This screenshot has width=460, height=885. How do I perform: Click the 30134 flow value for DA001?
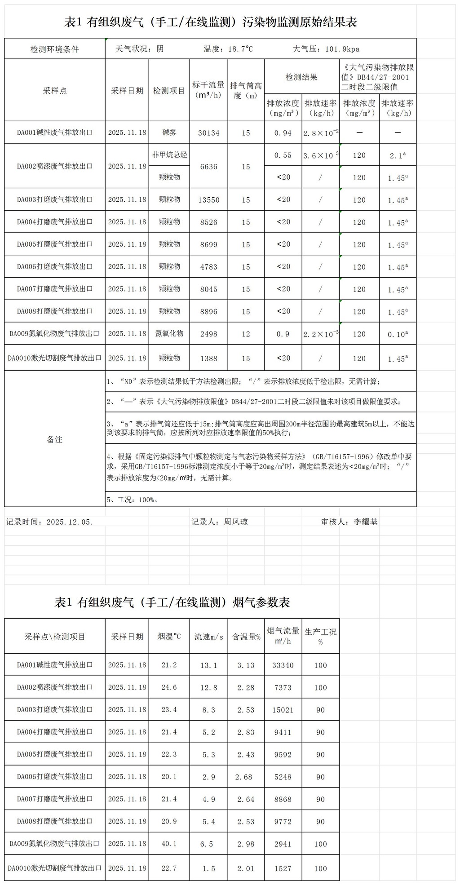pyautogui.click(x=209, y=133)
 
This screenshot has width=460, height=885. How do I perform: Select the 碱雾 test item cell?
pyautogui.click(x=169, y=133)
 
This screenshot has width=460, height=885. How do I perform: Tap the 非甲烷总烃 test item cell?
pyautogui.click(x=169, y=155)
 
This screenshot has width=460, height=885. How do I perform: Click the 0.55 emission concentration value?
pyautogui.click(x=283, y=155)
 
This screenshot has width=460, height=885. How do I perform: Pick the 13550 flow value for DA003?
pyautogui.click(x=209, y=200)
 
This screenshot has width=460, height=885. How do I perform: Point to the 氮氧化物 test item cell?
pyautogui.click(x=169, y=334)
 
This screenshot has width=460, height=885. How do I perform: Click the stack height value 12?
pyautogui.click(x=246, y=334)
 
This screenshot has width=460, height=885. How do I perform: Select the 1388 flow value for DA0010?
pyautogui.click(x=209, y=358)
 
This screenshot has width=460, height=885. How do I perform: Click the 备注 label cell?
pyautogui.click(x=55, y=439)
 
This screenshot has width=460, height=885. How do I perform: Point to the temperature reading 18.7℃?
pyautogui.click(x=228, y=49)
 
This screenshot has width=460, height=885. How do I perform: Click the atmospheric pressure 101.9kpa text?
pyautogui.click(x=326, y=49)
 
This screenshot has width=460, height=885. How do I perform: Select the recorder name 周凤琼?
pyautogui.click(x=236, y=522)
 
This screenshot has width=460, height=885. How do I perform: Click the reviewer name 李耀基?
pyautogui.click(x=366, y=522)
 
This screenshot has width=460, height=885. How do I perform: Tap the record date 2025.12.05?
pyautogui.click(x=70, y=522)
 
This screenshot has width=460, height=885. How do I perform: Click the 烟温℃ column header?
pyautogui.click(x=169, y=637)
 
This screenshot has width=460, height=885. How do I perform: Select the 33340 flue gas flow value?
pyautogui.click(x=283, y=665)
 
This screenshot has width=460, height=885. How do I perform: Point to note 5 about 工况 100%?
pyautogui.click(x=133, y=500)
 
